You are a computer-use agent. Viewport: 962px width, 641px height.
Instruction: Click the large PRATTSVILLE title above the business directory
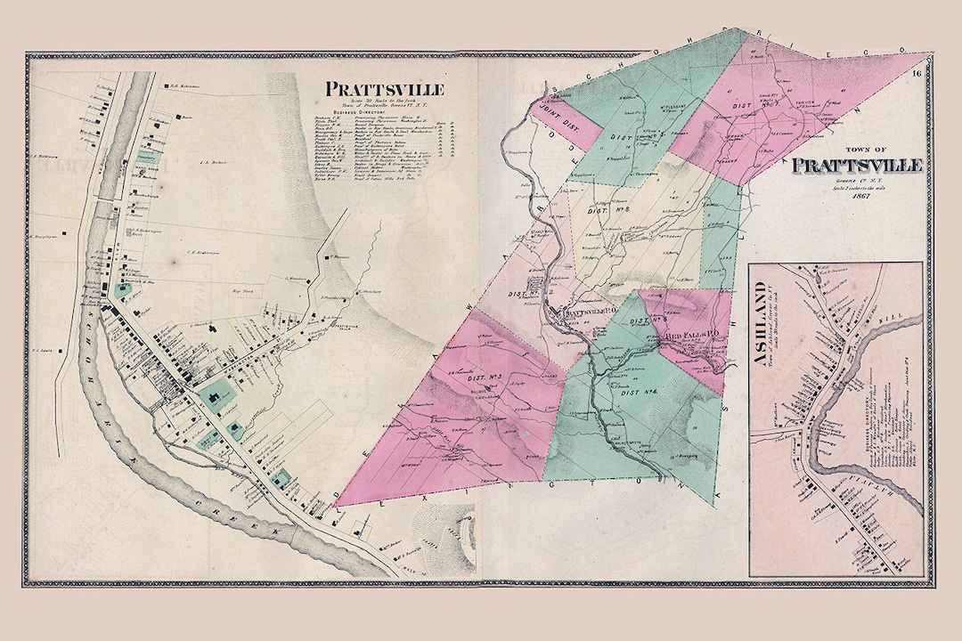pos(385,89)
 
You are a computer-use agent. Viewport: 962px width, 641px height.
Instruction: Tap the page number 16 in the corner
pos(918,74)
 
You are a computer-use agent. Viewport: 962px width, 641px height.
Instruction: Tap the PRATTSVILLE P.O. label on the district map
pos(583,313)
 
